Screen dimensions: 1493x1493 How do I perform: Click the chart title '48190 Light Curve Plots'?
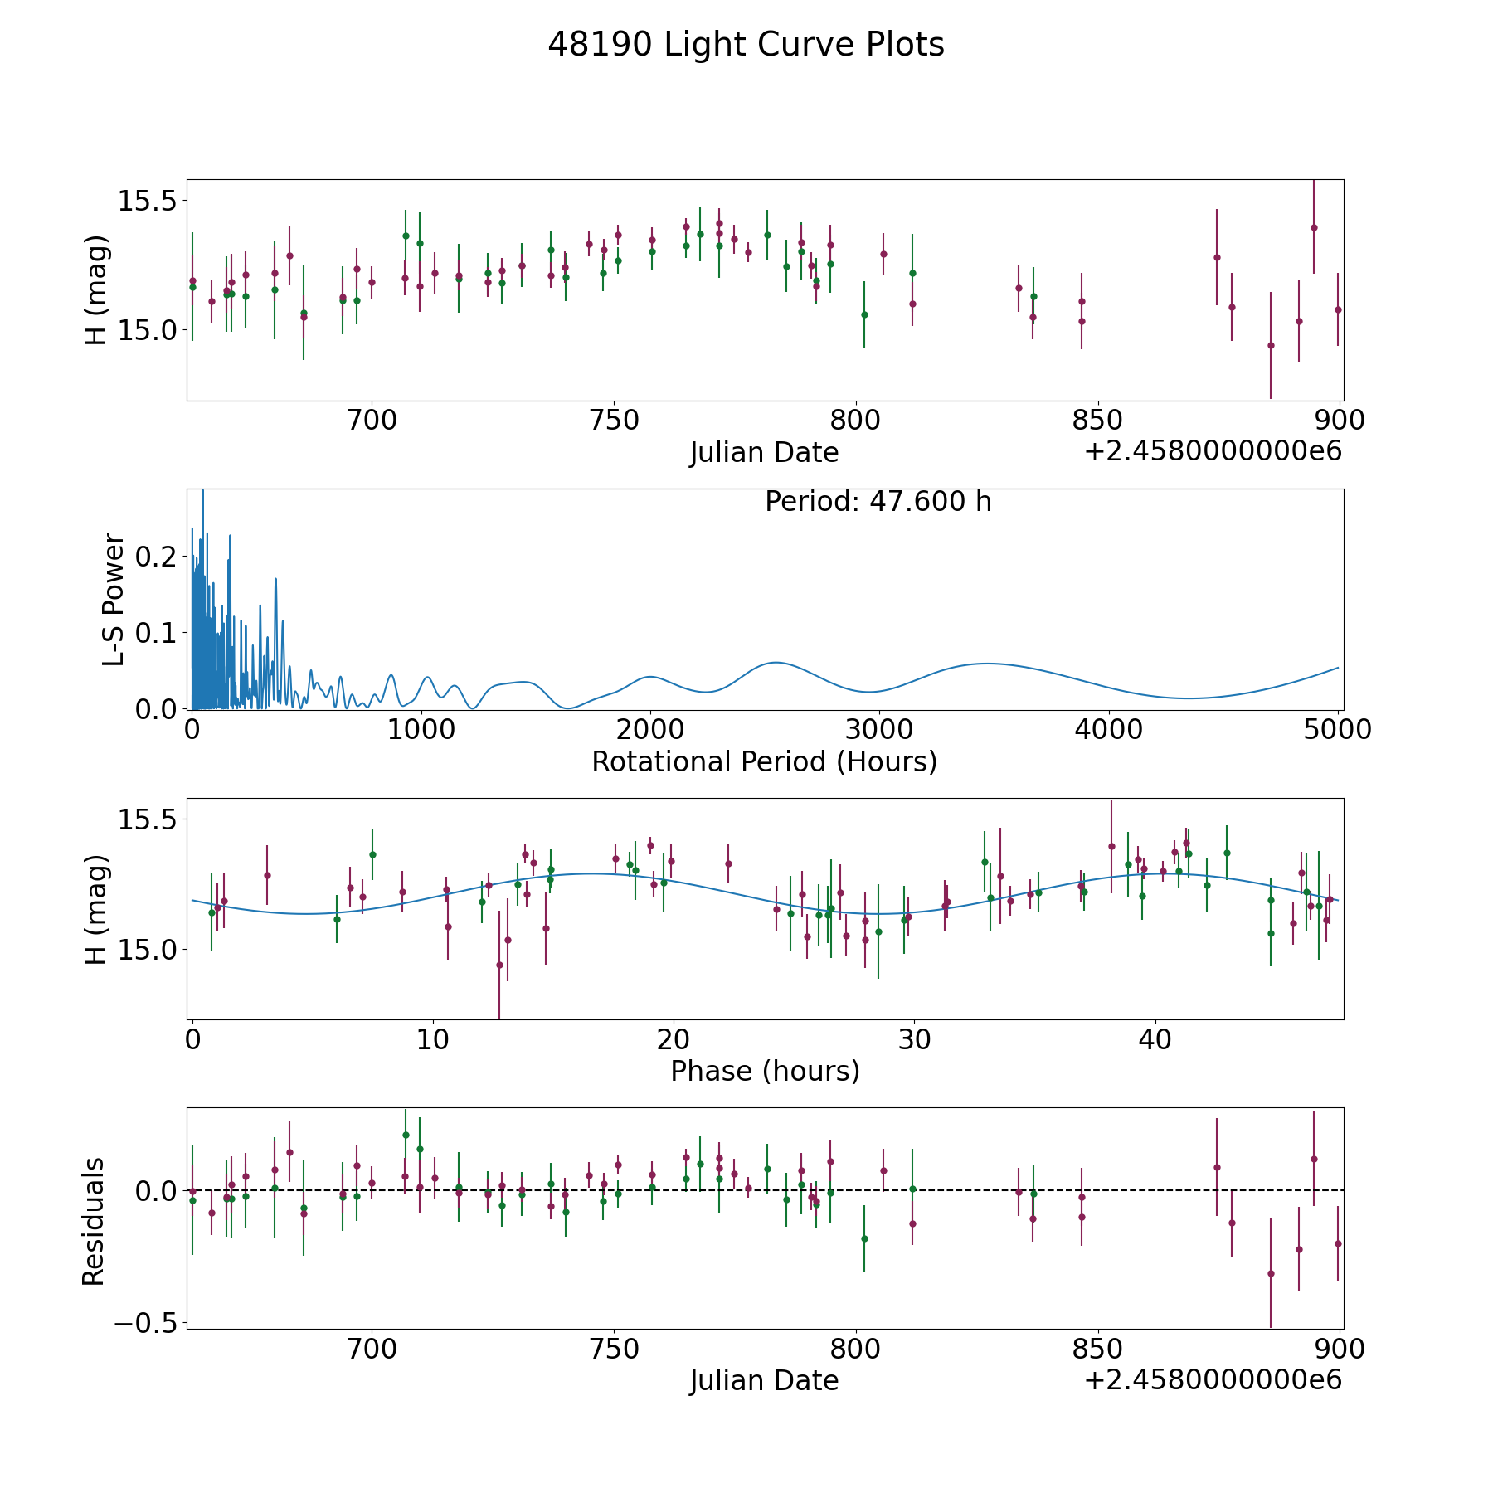click(746, 45)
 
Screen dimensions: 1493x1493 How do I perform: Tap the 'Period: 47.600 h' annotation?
click(878, 502)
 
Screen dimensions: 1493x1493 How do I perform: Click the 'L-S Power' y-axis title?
click(114, 599)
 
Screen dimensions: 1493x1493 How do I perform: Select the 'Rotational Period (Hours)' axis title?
click(764, 761)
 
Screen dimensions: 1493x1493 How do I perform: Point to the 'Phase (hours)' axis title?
click(765, 1071)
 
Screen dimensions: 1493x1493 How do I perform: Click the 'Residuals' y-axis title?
click(94, 1221)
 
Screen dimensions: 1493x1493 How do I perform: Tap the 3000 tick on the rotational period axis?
click(879, 730)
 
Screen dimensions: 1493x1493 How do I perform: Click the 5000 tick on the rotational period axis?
click(1338, 730)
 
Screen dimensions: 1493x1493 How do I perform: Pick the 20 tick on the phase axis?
click(674, 1039)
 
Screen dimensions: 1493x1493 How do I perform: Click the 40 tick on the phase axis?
click(1155, 1039)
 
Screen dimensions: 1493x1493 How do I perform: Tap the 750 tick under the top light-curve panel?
click(614, 421)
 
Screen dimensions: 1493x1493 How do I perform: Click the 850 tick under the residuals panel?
click(1097, 1349)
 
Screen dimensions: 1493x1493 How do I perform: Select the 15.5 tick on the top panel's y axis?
click(146, 201)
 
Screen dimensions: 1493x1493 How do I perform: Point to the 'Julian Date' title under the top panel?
click(764, 453)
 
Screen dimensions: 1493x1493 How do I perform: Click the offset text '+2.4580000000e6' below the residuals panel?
click(1213, 1380)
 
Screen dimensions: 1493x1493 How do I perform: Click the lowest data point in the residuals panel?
click(1270, 1273)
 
